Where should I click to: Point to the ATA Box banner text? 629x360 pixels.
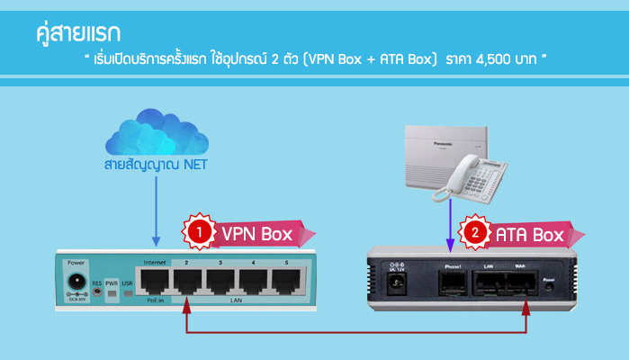[529, 235]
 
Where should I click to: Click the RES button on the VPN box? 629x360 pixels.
[96, 293]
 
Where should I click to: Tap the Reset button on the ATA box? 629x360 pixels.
[549, 287]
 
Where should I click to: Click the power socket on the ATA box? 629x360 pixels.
[392, 285]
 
